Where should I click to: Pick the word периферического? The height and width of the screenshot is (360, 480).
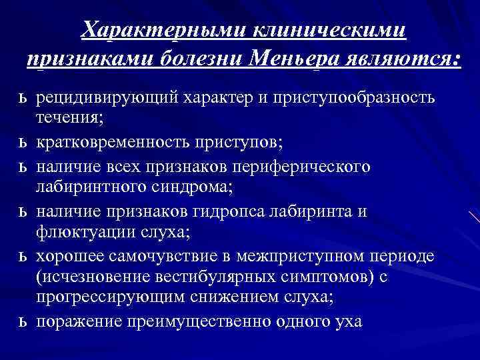click(x=307, y=165)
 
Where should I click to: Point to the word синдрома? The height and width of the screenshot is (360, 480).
click(x=189, y=188)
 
